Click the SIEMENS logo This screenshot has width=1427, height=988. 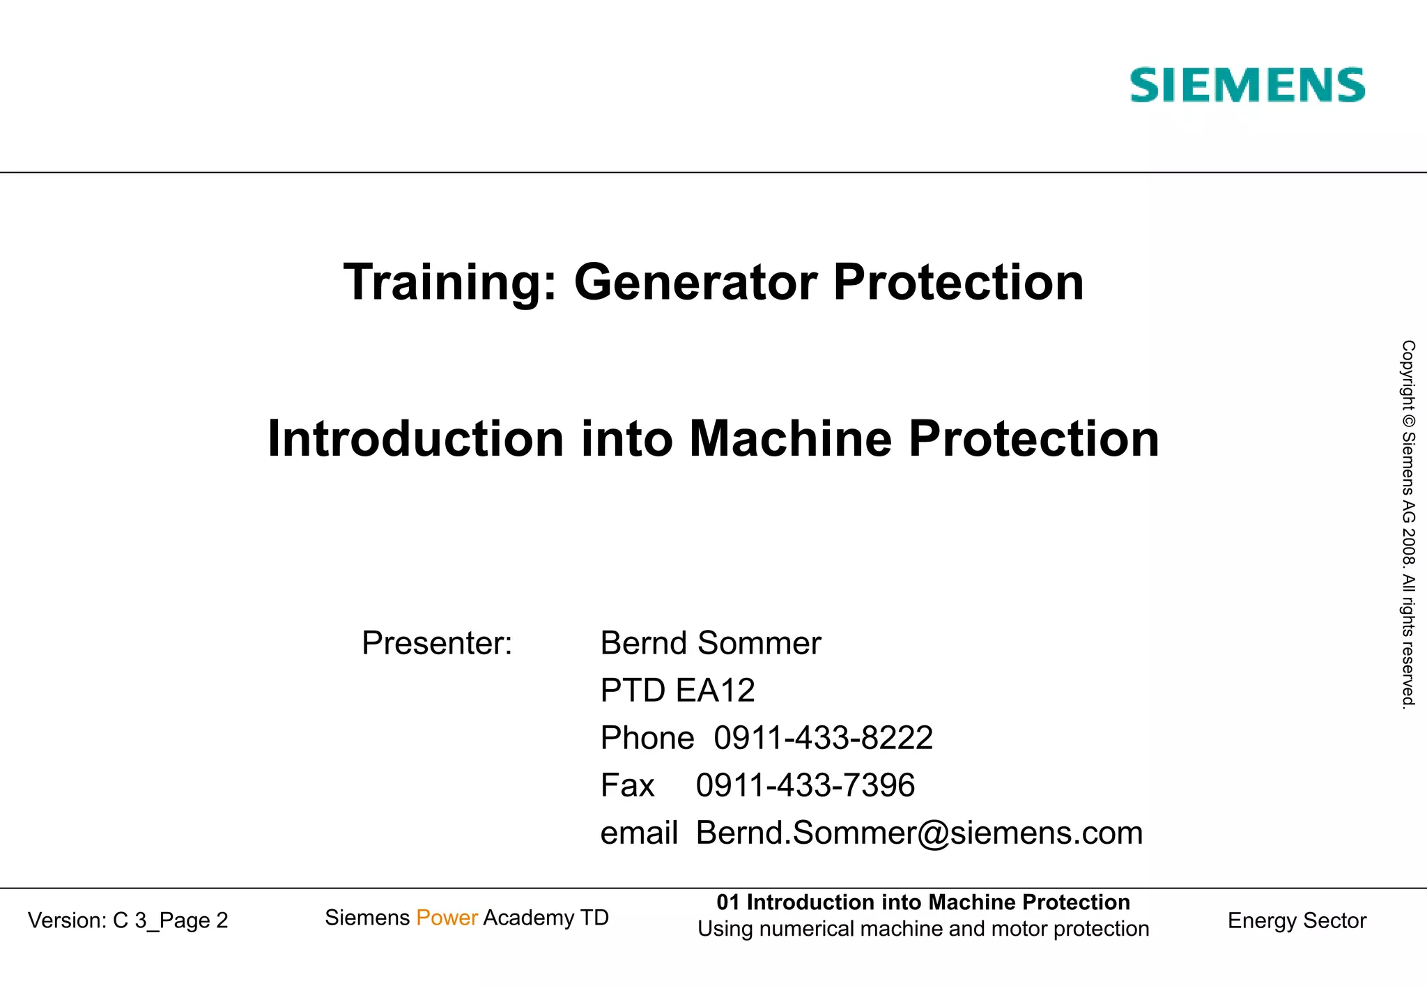1247,85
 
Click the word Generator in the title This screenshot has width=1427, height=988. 695,282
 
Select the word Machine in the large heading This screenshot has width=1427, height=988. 790,439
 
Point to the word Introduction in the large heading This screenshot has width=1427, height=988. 415,439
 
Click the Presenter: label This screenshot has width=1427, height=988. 437,643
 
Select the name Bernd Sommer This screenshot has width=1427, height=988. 710,643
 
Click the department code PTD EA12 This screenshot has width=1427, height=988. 677,690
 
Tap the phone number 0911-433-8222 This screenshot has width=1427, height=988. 823,738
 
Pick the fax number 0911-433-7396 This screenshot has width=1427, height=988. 805,785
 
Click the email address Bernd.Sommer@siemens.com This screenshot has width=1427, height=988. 919,833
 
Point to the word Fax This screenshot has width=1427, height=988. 627,785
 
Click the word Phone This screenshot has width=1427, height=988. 647,738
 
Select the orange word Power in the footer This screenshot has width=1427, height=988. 447,918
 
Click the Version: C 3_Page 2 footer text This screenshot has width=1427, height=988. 128,920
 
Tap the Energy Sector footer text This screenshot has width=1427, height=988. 1297,920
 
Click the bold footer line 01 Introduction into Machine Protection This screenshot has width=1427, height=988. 923,902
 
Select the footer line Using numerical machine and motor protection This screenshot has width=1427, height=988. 923,929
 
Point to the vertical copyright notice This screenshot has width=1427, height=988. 1408,524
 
